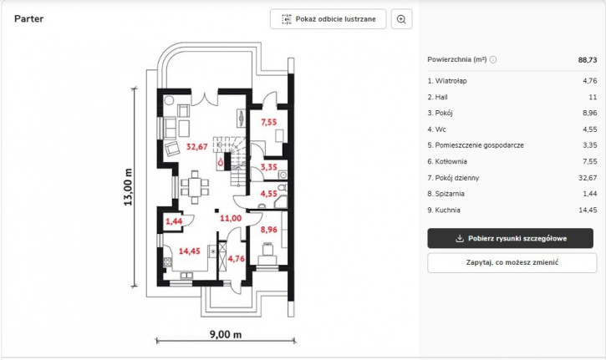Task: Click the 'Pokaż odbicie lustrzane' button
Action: pos(328,19)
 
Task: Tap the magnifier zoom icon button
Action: pos(401,19)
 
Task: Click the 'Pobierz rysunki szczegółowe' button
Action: pos(510,238)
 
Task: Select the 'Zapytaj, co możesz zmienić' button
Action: pos(512,262)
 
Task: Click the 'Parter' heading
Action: pos(29,18)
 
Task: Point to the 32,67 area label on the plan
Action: pos(196,147)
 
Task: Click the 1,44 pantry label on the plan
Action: pos(174,221)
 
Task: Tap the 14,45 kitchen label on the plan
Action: pos(190,251)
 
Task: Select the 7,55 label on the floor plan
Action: pos(268,122)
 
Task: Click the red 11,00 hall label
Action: pos(231,218)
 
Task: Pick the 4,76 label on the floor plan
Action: pos(237,259)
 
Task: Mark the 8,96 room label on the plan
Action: pos(268,230)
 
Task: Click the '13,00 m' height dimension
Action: pos(128,187)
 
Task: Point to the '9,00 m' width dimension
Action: pos(226,334)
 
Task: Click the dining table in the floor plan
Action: pos(195,187)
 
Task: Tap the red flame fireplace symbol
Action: pos(221,162)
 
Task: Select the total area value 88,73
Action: pos(588,60)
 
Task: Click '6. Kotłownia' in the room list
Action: pos(447,161)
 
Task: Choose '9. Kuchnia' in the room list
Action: pos(444,210)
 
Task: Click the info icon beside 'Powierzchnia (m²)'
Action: pos(493,59)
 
